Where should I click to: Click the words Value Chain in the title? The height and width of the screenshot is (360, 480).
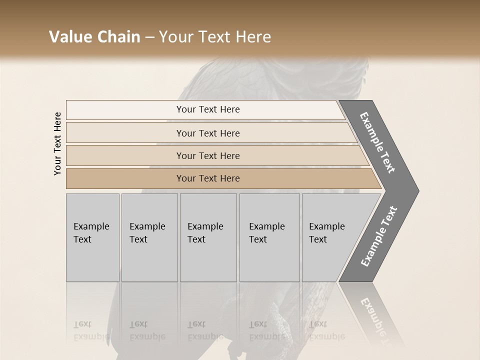pos(94,37)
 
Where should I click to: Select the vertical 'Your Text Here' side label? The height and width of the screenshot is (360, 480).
pos(57,143)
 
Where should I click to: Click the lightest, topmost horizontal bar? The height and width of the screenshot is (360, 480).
pos(208,109)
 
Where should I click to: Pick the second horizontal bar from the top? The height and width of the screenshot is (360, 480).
pos(208,133)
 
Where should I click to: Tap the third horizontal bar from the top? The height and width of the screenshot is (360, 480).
pos(208,155)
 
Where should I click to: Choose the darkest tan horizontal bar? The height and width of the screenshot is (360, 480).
pos(208,178)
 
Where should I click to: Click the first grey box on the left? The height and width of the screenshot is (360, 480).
pos(92,237)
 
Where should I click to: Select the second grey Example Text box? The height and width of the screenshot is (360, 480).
pos(149,237)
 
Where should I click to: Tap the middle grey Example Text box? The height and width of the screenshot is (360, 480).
pos(208,237)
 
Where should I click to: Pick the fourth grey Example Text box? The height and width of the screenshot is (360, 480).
pos(269,237)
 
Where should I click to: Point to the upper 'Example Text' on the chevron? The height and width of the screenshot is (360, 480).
pos(378,142)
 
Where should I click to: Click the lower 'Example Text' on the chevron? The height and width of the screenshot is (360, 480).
pos(379,236)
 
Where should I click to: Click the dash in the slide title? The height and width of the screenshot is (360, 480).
pos(149,37)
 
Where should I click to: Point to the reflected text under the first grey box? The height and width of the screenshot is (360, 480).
pos(91,330)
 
